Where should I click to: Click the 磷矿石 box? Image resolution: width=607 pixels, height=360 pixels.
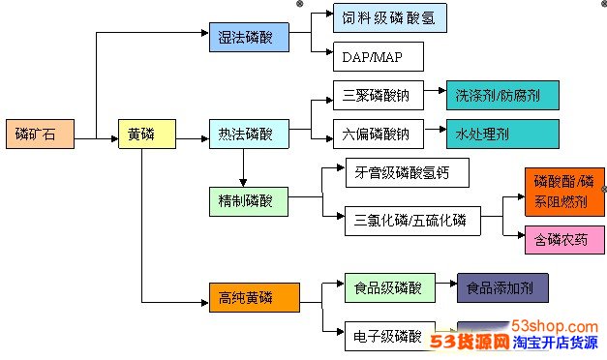point(38,134)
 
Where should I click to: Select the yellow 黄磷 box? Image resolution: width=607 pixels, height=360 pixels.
point(146,134)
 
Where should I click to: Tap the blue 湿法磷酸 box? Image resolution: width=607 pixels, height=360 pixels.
point(250,38)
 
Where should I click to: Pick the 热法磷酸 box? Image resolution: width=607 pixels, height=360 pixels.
point(250,134)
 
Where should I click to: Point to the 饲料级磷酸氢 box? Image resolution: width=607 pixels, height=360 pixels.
point(389,17)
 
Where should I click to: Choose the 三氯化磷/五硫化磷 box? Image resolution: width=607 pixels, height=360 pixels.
point(411,221)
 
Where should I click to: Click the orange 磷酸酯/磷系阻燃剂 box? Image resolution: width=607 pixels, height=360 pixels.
point(564,191)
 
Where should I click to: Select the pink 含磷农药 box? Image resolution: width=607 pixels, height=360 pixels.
point(564,239)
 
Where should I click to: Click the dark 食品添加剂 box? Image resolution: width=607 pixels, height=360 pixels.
point(501,287)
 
